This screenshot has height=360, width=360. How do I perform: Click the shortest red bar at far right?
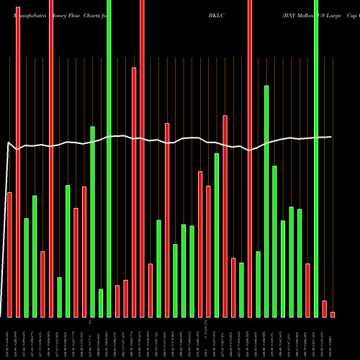(333, 315)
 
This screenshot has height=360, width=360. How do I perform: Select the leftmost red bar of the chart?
(9, 255)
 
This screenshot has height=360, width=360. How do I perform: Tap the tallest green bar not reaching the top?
(266, 202)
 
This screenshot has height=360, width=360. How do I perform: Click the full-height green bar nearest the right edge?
(316, 158)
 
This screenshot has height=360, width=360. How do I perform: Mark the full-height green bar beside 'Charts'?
(109, 158)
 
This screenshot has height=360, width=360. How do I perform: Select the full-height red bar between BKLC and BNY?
(250, 158)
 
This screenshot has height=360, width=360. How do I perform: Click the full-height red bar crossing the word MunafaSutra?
(18, 158)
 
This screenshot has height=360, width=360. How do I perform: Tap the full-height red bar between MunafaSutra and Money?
(51, 158)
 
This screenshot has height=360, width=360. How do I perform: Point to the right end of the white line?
(331, 137)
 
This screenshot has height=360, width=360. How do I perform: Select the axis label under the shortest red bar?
(333, 338)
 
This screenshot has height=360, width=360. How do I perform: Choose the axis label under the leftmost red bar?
(9, 338)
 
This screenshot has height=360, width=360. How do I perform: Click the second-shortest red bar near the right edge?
(324, 309)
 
